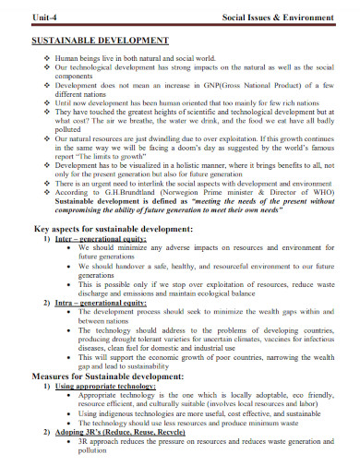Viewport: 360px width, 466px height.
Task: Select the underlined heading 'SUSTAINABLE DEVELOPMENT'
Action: pyautogui.click(x=95, y=42)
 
